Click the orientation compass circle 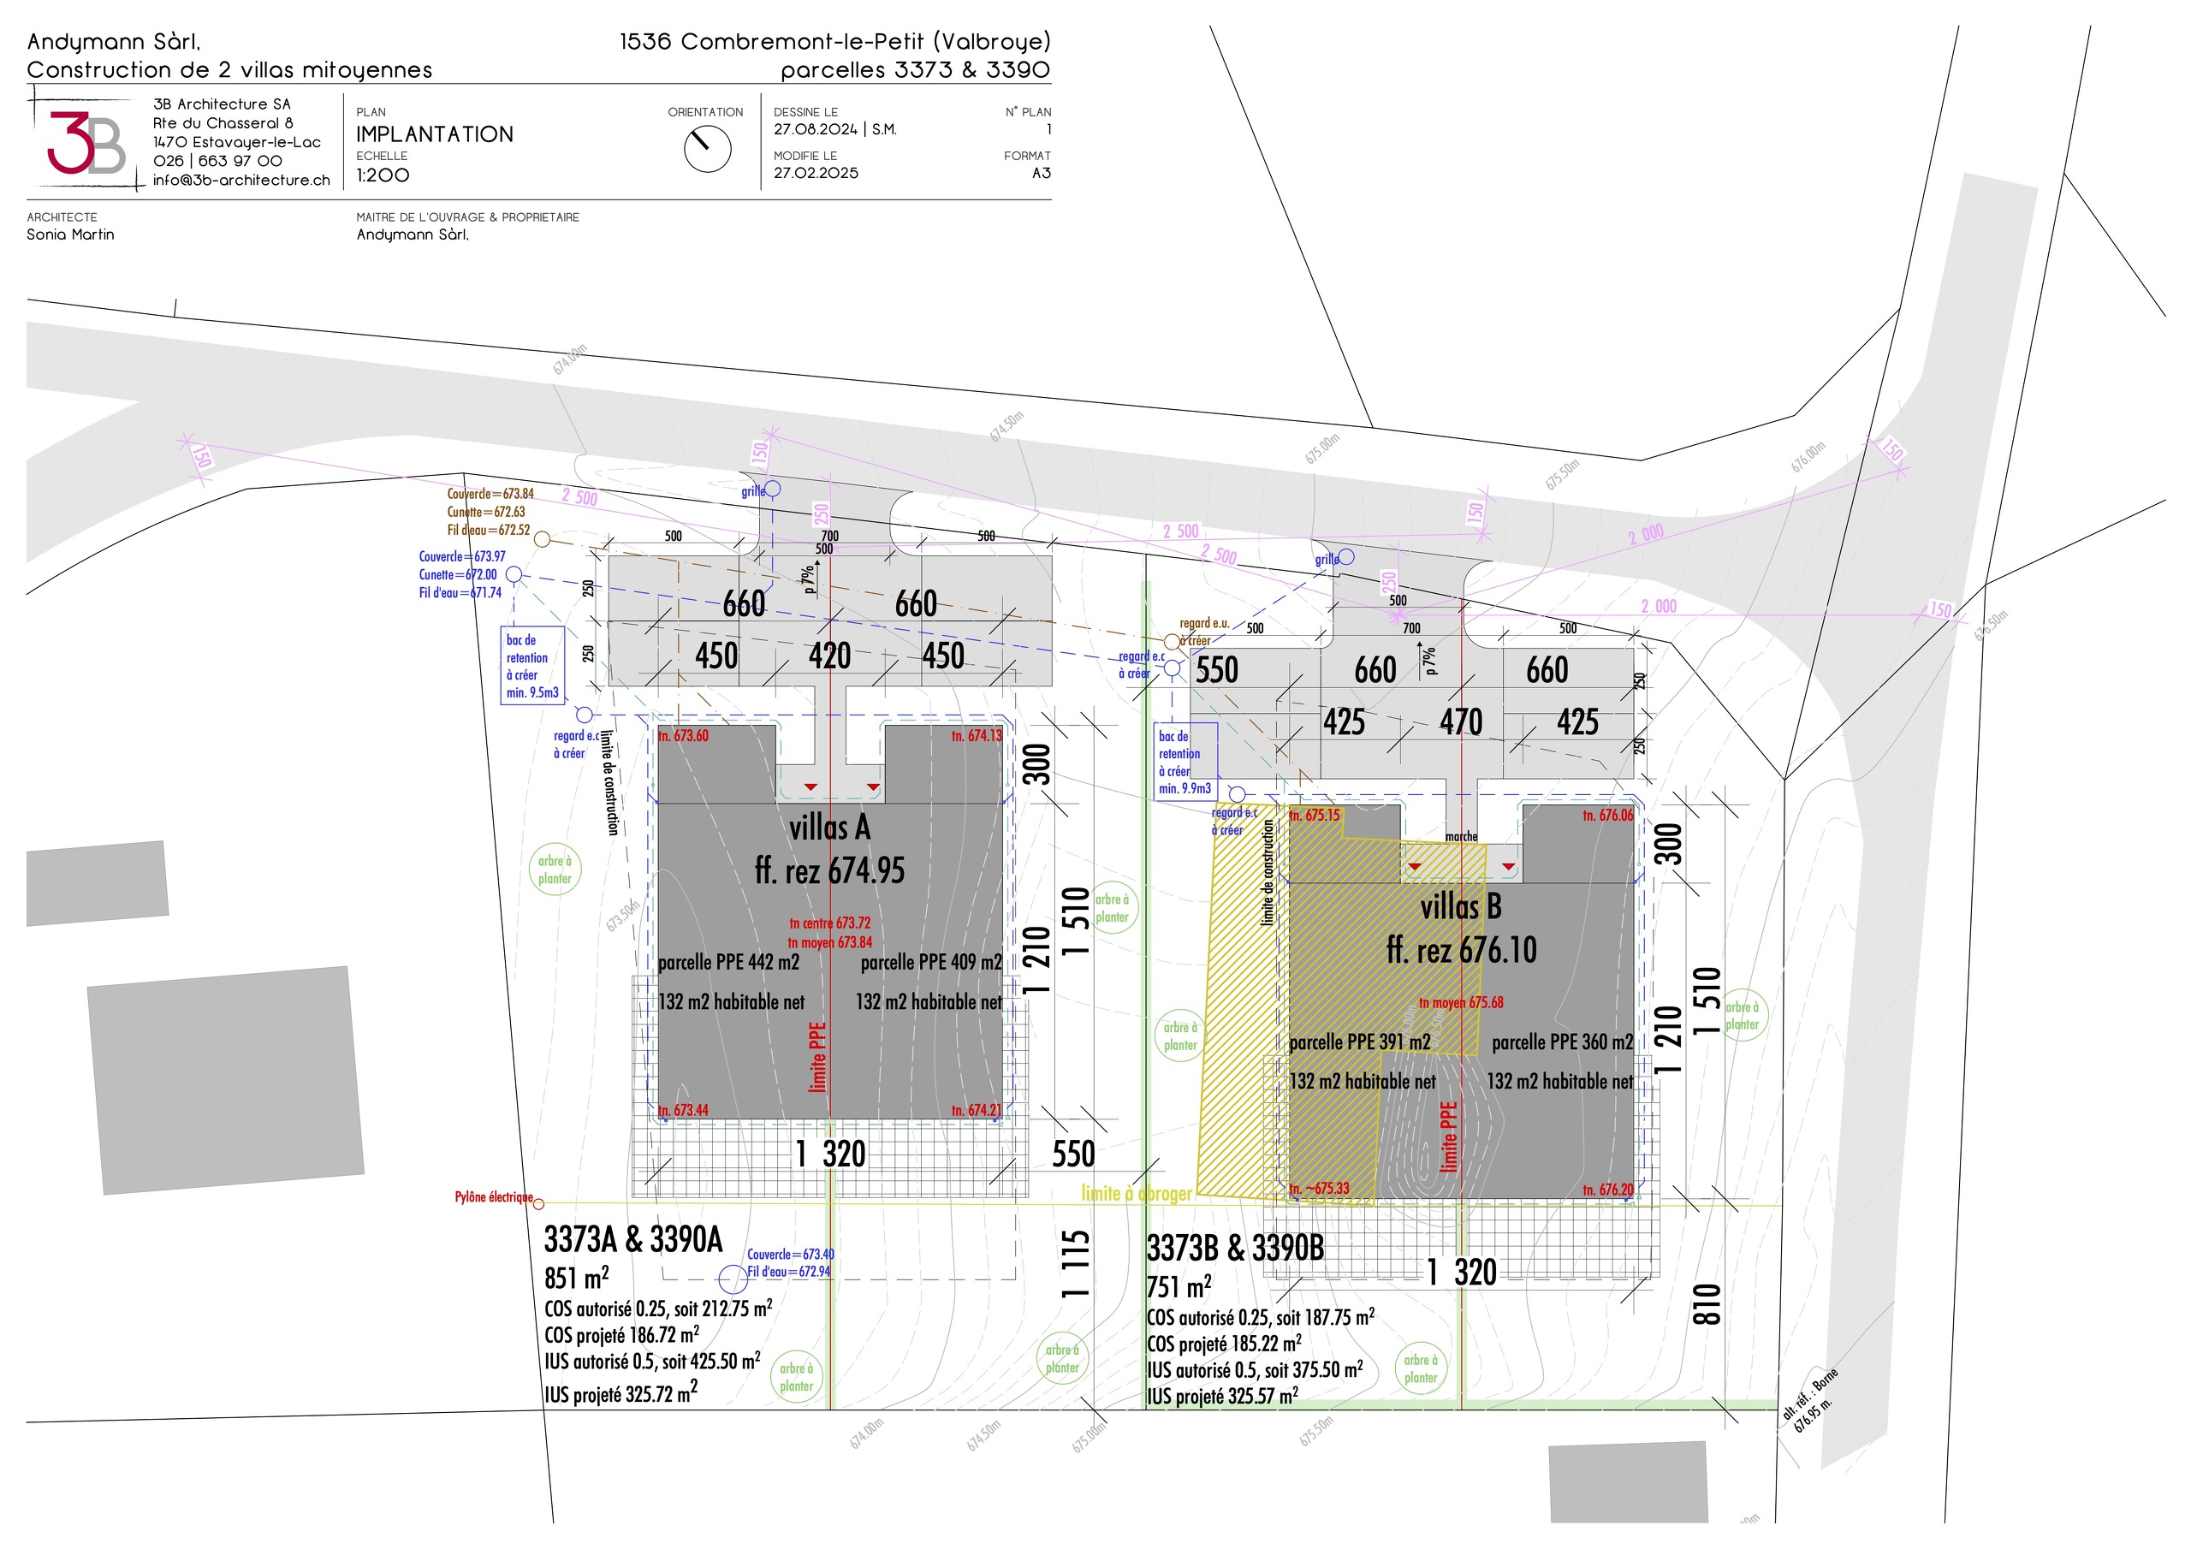point(707,150)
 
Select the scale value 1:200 point(383,175)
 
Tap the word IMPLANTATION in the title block point(434,134)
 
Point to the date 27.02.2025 point(816,173)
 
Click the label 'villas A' point(829,828)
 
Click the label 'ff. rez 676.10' point(1461,950)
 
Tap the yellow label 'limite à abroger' point(1137,1193)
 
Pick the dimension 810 point(1707,1303)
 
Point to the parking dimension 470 point(1461,721)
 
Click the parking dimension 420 point(829,656)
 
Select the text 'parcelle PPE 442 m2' point(729,962)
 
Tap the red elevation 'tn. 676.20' point(1608,1190)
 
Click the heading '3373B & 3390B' point(1235,1248)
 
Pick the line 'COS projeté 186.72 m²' point(621,1334)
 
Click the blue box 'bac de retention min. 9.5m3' point(532,666)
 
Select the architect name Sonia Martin point(71,234)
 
